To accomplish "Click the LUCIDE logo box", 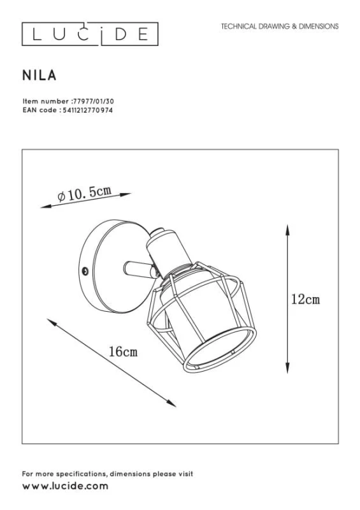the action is pyautogui.click(x=90, y=34).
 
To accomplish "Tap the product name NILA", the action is pyautogui.click(x=40, y=75).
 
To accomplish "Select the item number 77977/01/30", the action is pyautogui.click(x=94, y=101).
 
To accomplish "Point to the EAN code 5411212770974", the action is pyautogui.click(x=87, y=110).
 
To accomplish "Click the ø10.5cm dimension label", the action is pyautogui.click(x=85, y=194).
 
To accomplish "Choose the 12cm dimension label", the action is pyautogui.click(x=305, y=299).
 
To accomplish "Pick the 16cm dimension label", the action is pyautogui.click(x=123, y=352).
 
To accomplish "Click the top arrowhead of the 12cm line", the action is pyautogui.click(x=287, y=229).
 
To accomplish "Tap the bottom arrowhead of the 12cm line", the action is pyautogui.click(x=287, y=368).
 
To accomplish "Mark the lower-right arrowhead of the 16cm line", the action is pyautogui.click(x=171, y=404).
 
